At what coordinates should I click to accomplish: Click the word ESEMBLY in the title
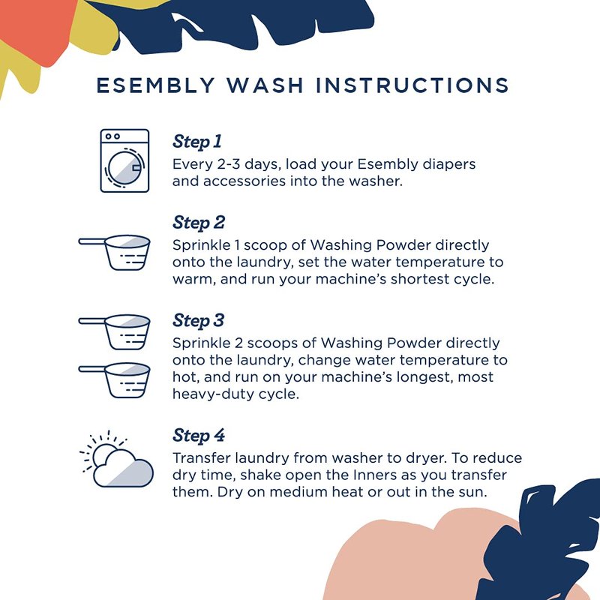point(155,85)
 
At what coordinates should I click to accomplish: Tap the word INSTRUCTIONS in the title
point(412,85)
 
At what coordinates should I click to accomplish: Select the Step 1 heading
point(197,142)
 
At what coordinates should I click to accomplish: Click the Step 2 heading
point(199,223)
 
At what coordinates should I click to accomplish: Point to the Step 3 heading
point(198,321)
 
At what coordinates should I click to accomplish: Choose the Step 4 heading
point(199,436)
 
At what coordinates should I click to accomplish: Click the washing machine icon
point(124,160)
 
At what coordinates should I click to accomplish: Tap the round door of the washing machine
point(124,167)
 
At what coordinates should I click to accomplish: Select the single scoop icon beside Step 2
point(115,253)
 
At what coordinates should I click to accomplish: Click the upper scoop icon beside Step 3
point(115,332)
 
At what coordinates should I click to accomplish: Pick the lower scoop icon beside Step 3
point(115,380)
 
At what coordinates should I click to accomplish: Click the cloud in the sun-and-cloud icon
point(123,469)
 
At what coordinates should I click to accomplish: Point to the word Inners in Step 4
point(374,475)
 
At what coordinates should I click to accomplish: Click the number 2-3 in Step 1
point(229,164)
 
